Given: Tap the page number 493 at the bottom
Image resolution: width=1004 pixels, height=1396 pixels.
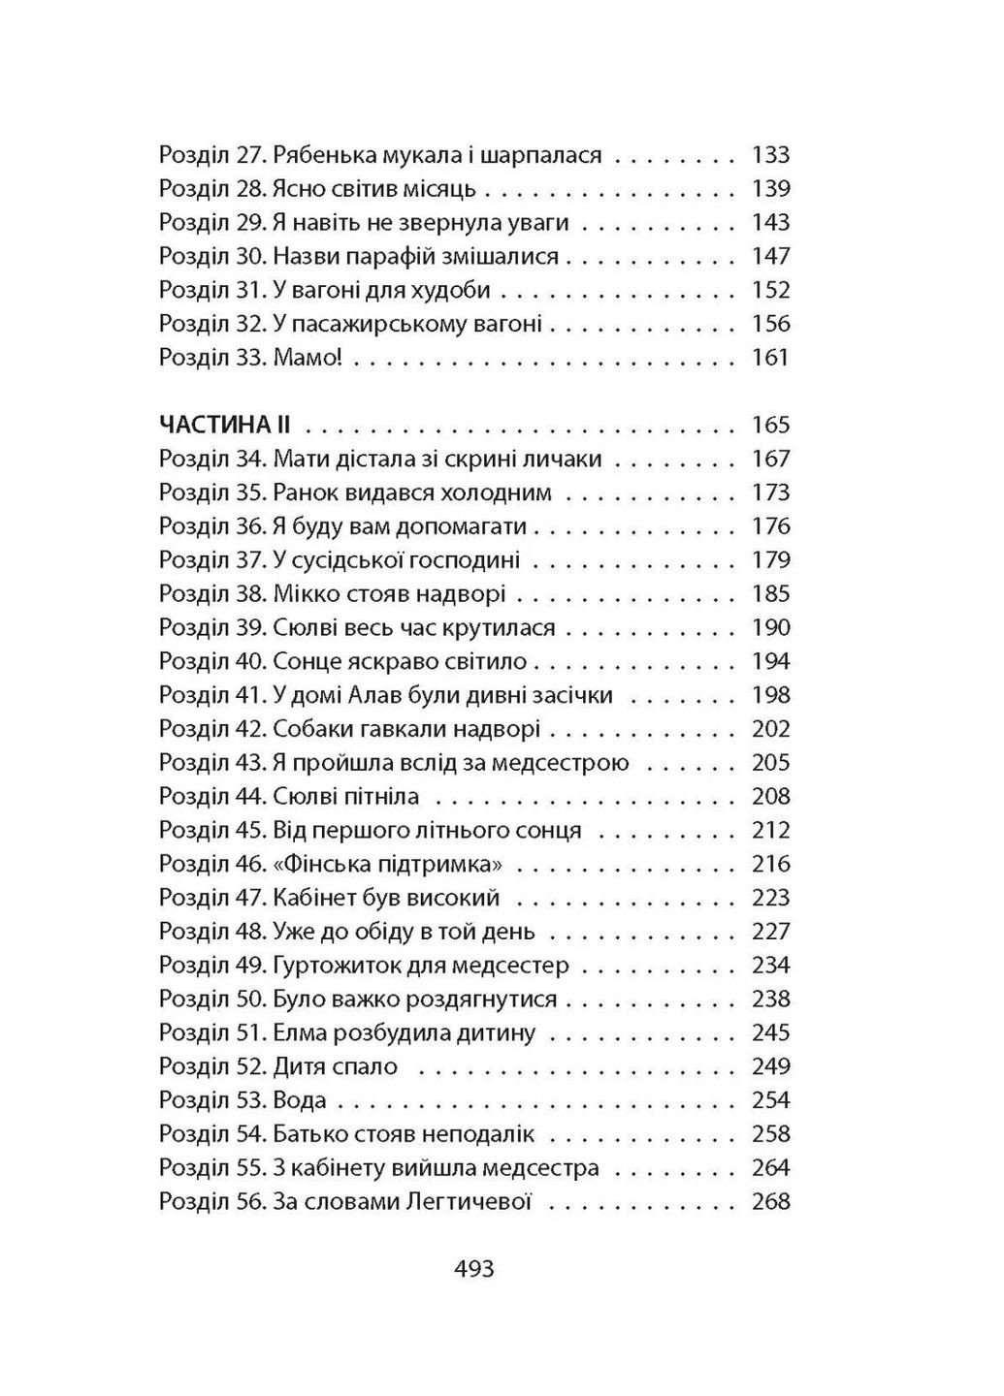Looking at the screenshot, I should (x=474, y=1268).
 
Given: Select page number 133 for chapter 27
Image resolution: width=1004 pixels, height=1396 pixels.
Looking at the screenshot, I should (x=771, y=155).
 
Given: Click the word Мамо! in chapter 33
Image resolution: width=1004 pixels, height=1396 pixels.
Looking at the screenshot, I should (x=308, y=358).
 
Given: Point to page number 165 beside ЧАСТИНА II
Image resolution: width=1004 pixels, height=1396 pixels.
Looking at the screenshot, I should (x=771, y=426).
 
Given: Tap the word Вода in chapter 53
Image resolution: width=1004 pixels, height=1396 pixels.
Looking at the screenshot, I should (x=300, y=1100).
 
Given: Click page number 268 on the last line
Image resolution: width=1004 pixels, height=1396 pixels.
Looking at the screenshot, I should (x=771, y=1202).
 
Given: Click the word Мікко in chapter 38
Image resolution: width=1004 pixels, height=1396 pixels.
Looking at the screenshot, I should (x=305, y=594).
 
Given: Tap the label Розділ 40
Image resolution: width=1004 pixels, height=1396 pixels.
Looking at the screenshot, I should (x=212, y=662).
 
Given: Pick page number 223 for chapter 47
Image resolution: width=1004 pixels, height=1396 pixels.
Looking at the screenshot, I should (x=771, y=898).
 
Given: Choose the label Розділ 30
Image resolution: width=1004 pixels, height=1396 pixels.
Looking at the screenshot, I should (x=212, y=257).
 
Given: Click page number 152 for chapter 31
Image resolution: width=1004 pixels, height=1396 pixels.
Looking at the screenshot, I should (x=771, y=290).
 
